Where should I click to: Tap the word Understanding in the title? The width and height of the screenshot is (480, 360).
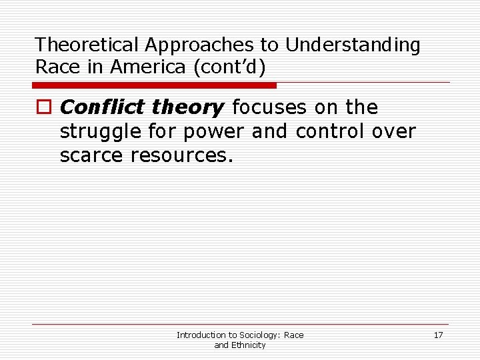click(x=353, y=45)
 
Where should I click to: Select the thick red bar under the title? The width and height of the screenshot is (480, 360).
click(x=155, y=85)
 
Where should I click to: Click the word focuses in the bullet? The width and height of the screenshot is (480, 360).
click(x=270, y=107)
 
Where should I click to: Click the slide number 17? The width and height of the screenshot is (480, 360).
click(x=438, y=335)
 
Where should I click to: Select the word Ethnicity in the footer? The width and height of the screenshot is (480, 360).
click(x=249, y=345)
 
